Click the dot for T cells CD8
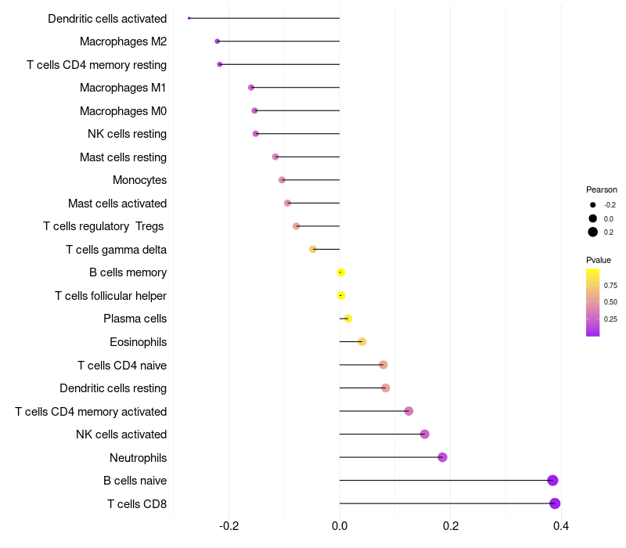(x=555, y=503)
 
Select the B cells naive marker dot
(x=552, y=481)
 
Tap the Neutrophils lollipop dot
(x=442, y=457)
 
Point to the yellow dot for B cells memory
(x=340, y=272)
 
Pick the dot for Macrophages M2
(x=217, y=41)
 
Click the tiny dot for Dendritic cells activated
(x=189, y=18)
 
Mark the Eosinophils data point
(x=362, y=341)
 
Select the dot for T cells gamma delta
(x=313, y=249)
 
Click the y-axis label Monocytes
(x=139, y=180)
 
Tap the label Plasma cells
(x=135, y=319)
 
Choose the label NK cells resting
(x=127, y=134)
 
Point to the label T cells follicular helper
(x=110, y=296)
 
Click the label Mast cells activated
(x=117, y=204)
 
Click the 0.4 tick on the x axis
(x=561, y=526)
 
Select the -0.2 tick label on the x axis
(x=228, y=526)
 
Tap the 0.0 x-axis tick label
(x=340, y=526)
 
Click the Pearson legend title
(x=601, y=189)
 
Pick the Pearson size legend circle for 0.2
(x=593, y=232)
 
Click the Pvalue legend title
(x=599, y=260)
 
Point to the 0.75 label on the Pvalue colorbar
(x=610, y=286)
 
